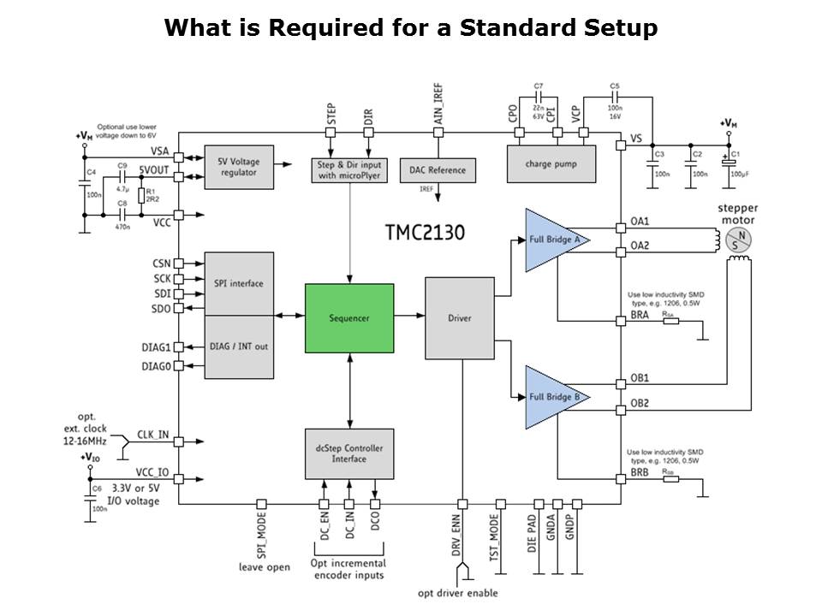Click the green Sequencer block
(349, 317)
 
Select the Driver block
(460, 318)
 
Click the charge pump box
(551, 163)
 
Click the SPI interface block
(239, 283)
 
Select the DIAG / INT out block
(239, 346)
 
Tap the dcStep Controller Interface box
(349, 453)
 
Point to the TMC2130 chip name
(425, 232)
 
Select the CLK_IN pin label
(154, 434)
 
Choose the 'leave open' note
(263, 566)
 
